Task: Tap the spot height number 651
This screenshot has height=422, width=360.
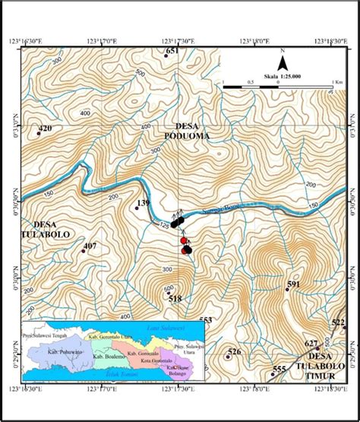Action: [x=172, y=50]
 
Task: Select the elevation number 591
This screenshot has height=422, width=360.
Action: [x=294, y=284]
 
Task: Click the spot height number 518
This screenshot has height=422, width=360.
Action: [x=175, y=299]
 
